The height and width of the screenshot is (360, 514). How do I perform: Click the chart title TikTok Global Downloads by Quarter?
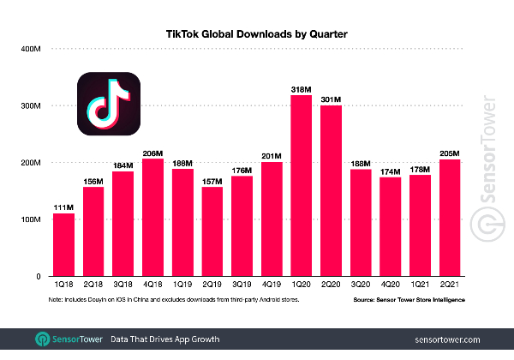click(257, 33)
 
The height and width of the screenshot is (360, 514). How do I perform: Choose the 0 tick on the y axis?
click(39, 276)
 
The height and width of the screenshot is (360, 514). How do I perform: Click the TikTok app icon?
click(110, 105)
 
